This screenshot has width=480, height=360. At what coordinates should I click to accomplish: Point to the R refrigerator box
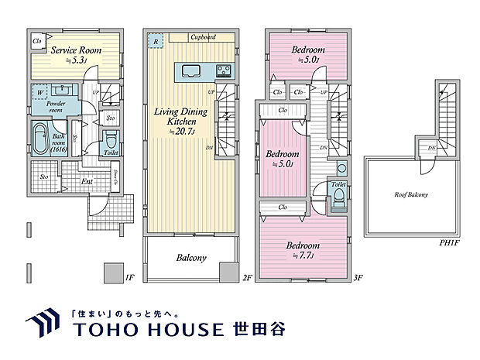[156, 42]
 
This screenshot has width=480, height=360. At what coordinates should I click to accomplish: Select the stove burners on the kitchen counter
[224, 73]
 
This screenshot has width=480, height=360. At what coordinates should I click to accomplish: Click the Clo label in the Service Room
[36, 41]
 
